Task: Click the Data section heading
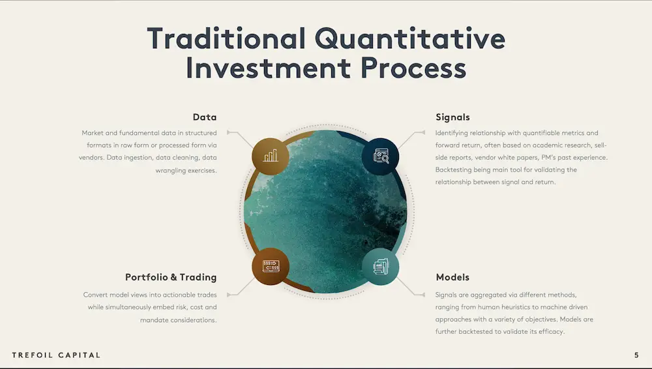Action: tap(205, 117)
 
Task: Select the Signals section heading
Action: tap(452, 117)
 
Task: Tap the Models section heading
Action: tap(452, 277)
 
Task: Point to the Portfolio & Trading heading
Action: tap(171, 277)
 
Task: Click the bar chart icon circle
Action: tap(271, 156)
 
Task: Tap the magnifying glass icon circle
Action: tap(380, 156)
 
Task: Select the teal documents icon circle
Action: tap(380, 267)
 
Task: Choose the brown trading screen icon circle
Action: tap(271, 267)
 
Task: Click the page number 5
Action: tap(636, 355)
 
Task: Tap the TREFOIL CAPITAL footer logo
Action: tap(56, 355)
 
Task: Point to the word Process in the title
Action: tap(413, 68)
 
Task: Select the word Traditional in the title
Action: tap(226, 38)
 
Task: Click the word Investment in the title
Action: tap(268, 68)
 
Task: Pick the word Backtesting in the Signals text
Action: tap(453, 170)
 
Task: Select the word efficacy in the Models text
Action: tap(552, 332)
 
